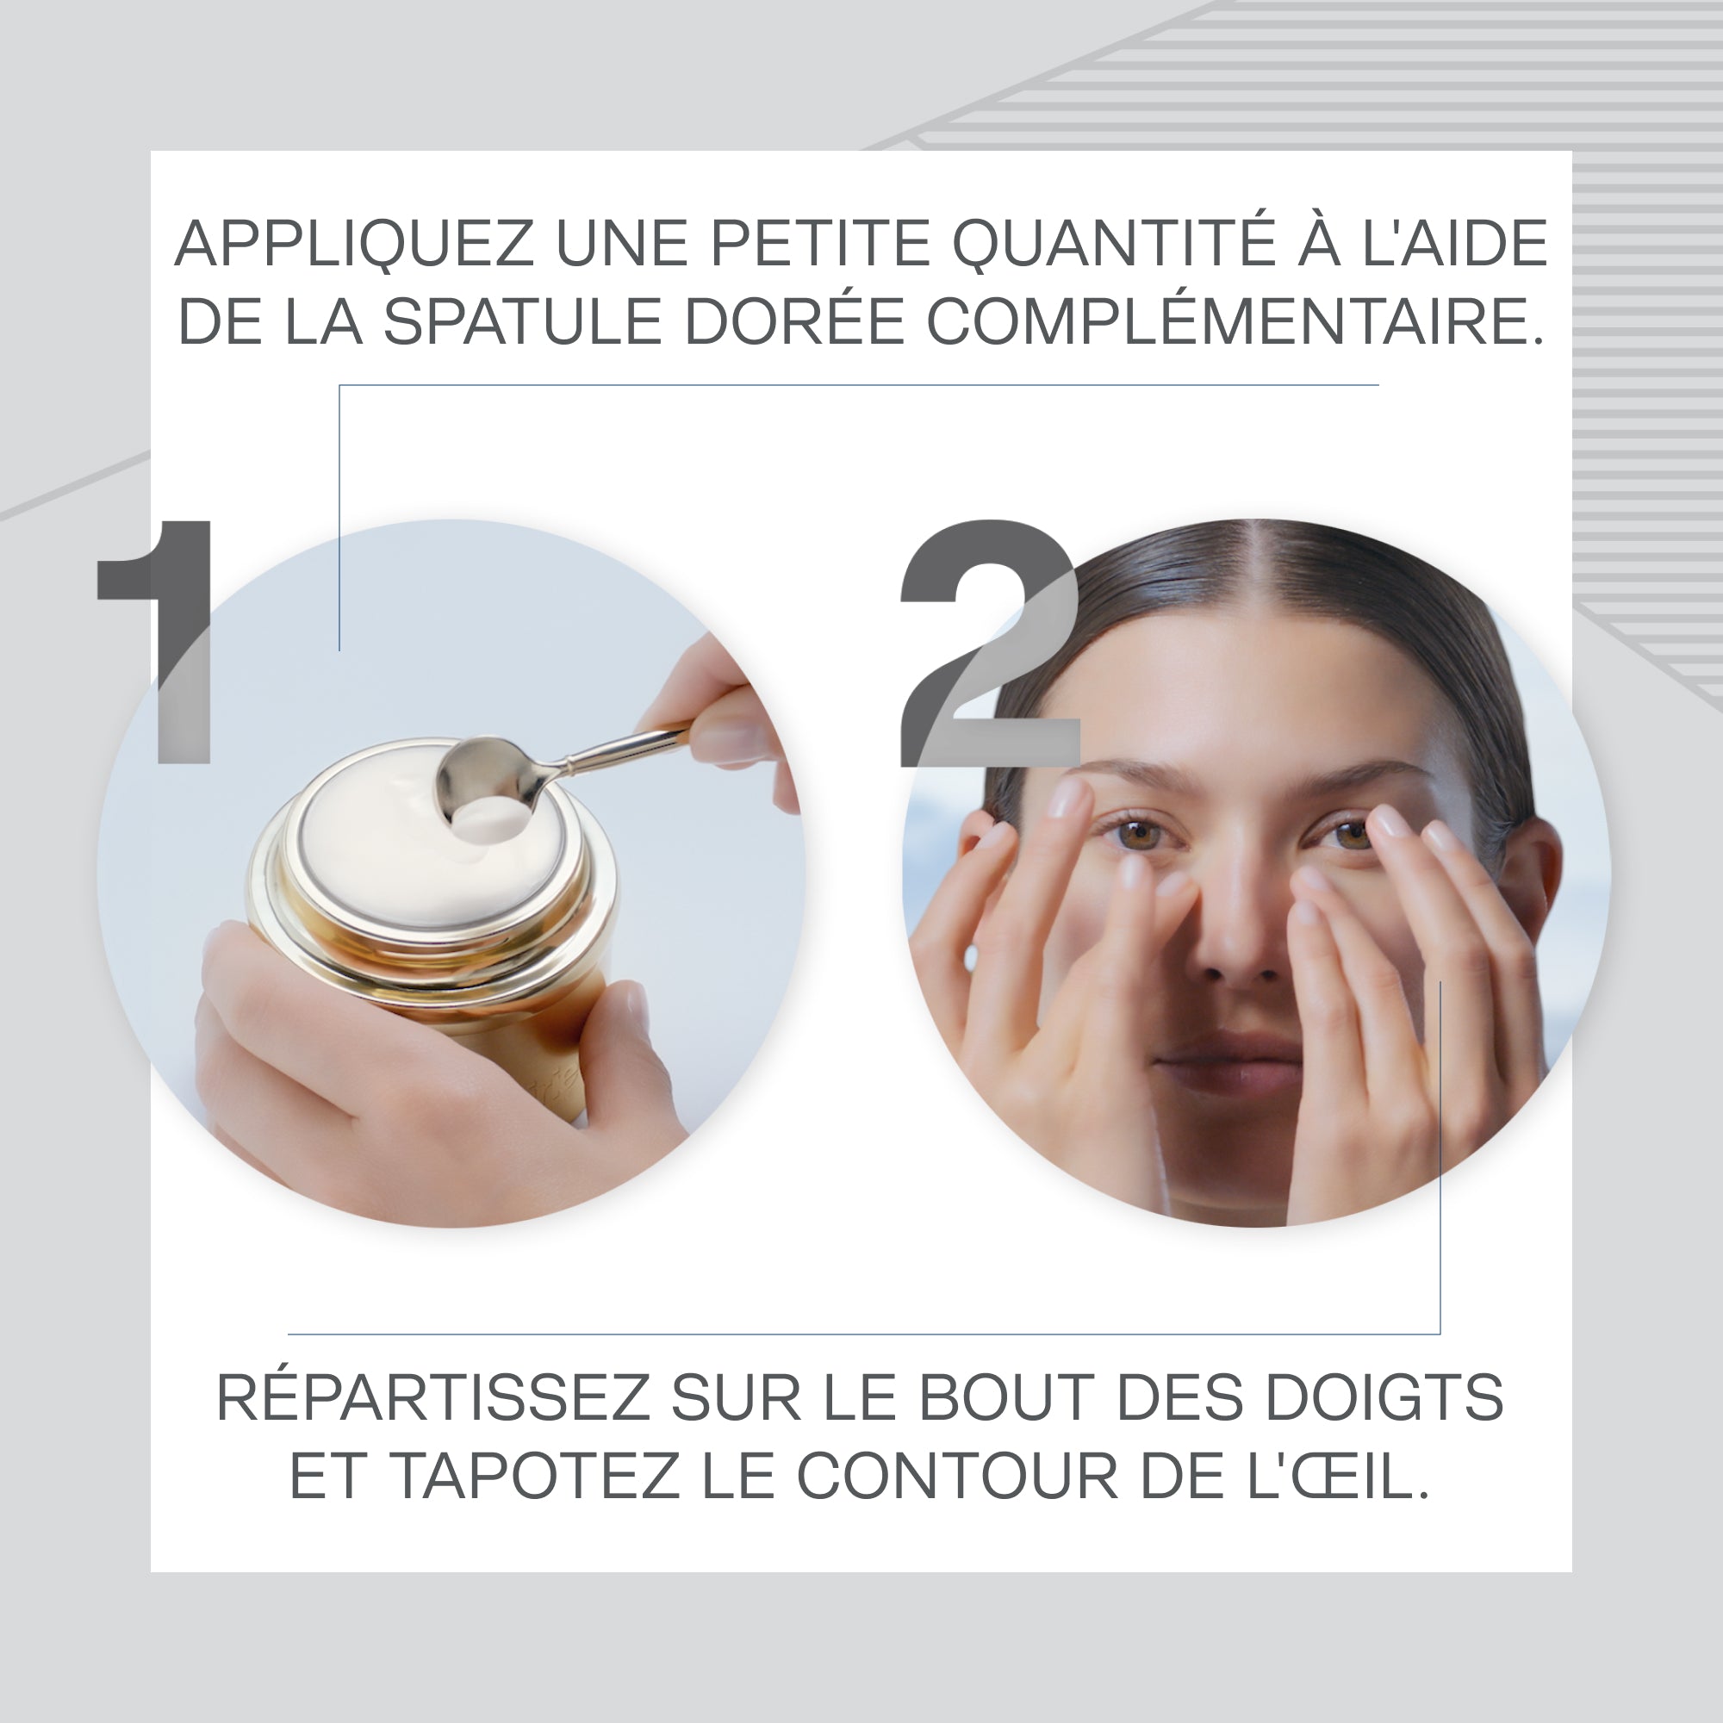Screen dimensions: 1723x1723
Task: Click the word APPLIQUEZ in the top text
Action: [354, 243]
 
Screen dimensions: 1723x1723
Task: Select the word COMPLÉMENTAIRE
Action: [1235, 322]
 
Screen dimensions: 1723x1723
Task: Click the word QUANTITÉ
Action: [1113, 243]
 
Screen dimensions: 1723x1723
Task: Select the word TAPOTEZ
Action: [534, 1476]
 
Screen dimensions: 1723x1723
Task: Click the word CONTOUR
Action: [957, 1476]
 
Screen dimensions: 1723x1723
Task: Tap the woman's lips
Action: [1226, 1057]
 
